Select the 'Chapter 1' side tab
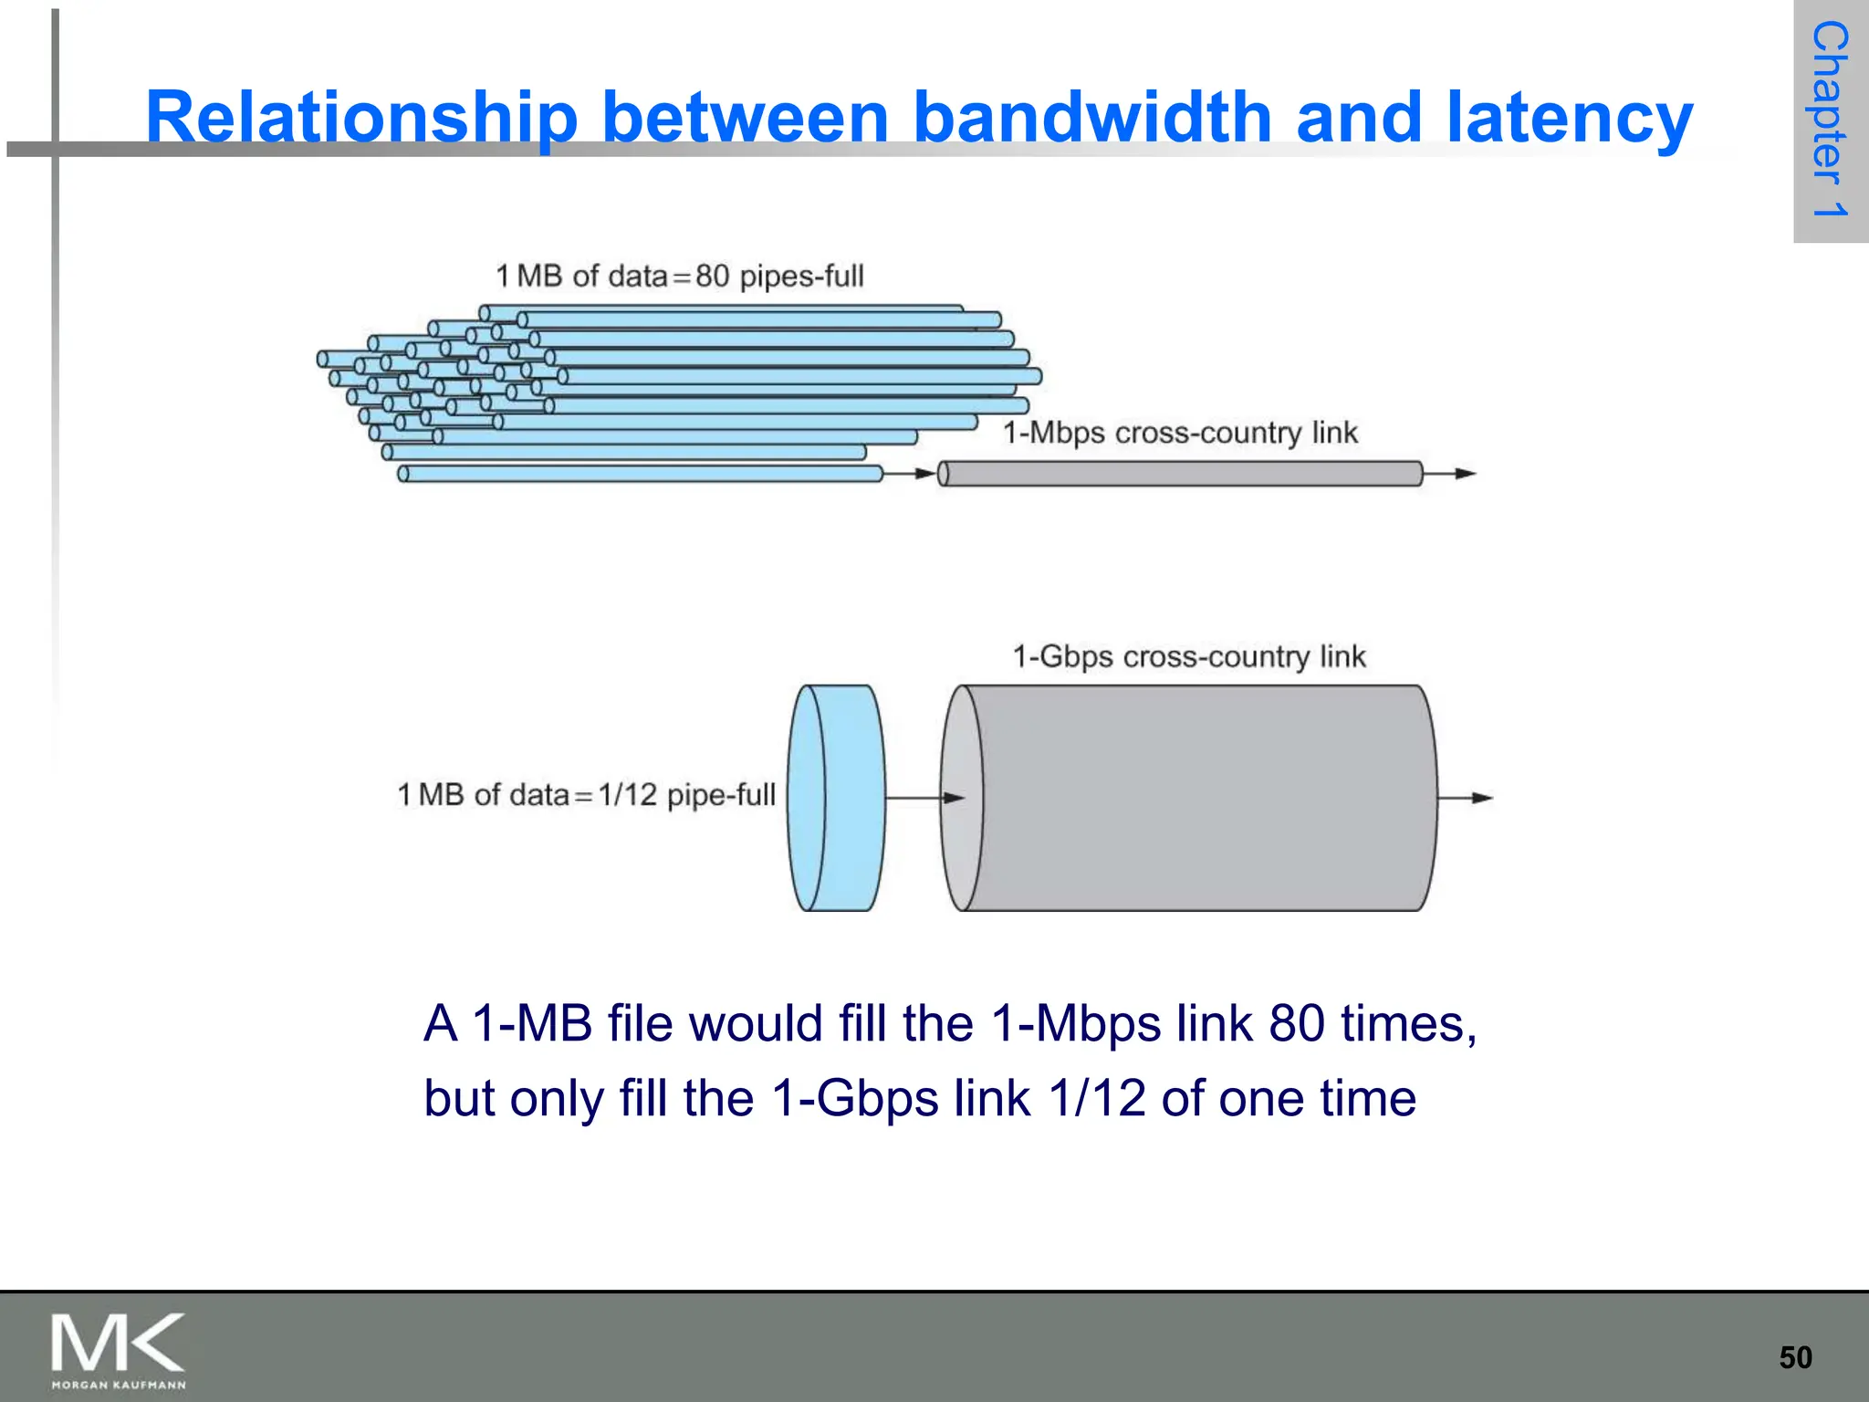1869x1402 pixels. coord(1830,120)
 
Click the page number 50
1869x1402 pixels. coord(1795,1357)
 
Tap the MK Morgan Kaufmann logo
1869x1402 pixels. coord(119,1349)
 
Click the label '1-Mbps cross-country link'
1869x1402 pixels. coord(1180,432)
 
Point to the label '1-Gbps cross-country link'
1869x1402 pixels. coord(1189,656)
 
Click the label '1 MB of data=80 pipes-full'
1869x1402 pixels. coord(679,276)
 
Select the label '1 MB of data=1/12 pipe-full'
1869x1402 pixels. coord(586,794)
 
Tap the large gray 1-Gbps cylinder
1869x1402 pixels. coord(1196,798)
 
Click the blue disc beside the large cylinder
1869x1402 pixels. coord(838,798)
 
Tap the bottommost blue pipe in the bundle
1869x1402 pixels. coord(639,474)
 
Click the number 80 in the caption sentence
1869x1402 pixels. coord(1296,1023)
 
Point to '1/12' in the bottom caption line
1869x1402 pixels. coord(1096,1098)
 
